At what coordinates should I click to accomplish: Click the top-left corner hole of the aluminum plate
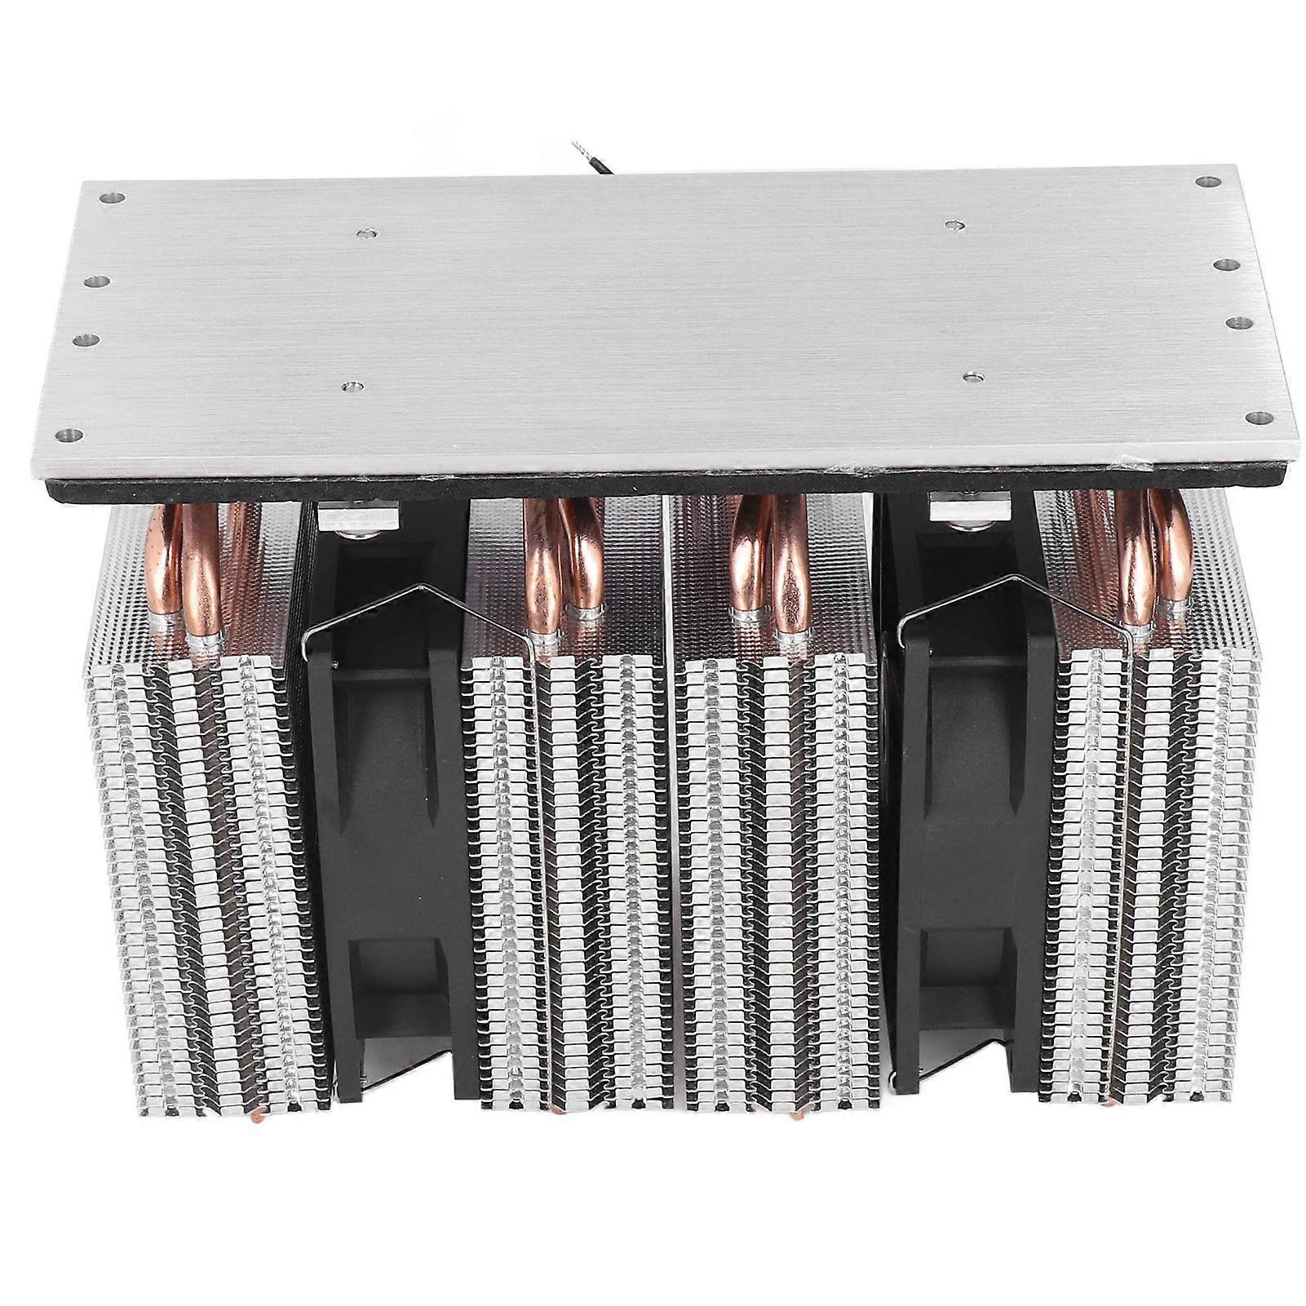coord(113,197)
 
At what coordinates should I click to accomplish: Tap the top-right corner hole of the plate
coord(1203,181)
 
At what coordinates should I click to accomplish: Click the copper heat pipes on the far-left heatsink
coord(196,571)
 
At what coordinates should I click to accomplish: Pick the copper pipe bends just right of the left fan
coord(563,563)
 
